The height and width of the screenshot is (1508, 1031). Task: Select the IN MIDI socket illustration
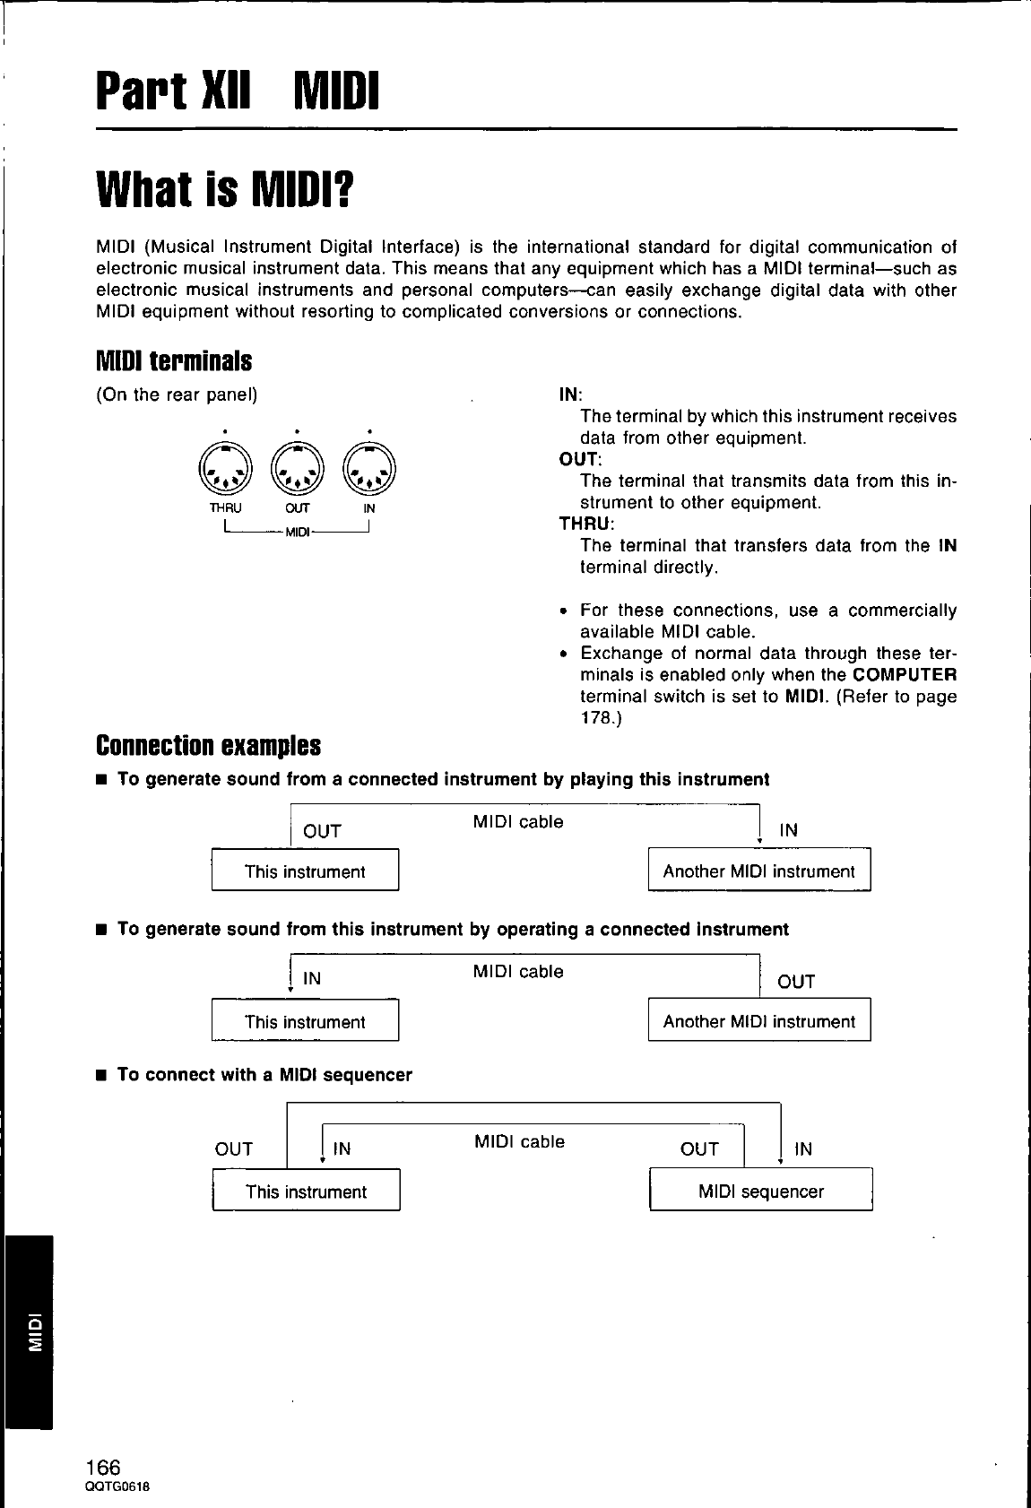pyautogui.click(x=369, y=469)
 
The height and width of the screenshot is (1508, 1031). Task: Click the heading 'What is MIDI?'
pyautogui.click(x=225, y=189)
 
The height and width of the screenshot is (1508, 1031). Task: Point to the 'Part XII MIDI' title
pyautogui.click(x=238, y=91)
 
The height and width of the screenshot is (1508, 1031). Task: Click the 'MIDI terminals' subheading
pyautogui.click(x=174, y=361)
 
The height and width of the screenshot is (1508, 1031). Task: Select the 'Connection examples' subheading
pyautogui.click(x=208, y=745)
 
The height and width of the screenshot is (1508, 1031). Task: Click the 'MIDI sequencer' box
pyautogui.click(x=760, y=1192)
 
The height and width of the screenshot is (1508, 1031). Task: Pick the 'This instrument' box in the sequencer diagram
pyautogui.click(x=306, y=1192)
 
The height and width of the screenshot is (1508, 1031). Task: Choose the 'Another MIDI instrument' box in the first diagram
pyautogui.click(x=758, y=871)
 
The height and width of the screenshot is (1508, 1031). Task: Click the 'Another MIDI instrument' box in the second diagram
pyautogui.click(x=758, y=1021)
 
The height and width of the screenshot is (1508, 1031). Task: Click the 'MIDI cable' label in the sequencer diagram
pyautogui.click(x=519, y=1141)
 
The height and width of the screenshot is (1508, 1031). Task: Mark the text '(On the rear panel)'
pyautogui.click(x=177, y=395)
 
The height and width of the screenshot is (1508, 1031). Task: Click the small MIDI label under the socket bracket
pyautogui.click(x=297, y=534)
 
